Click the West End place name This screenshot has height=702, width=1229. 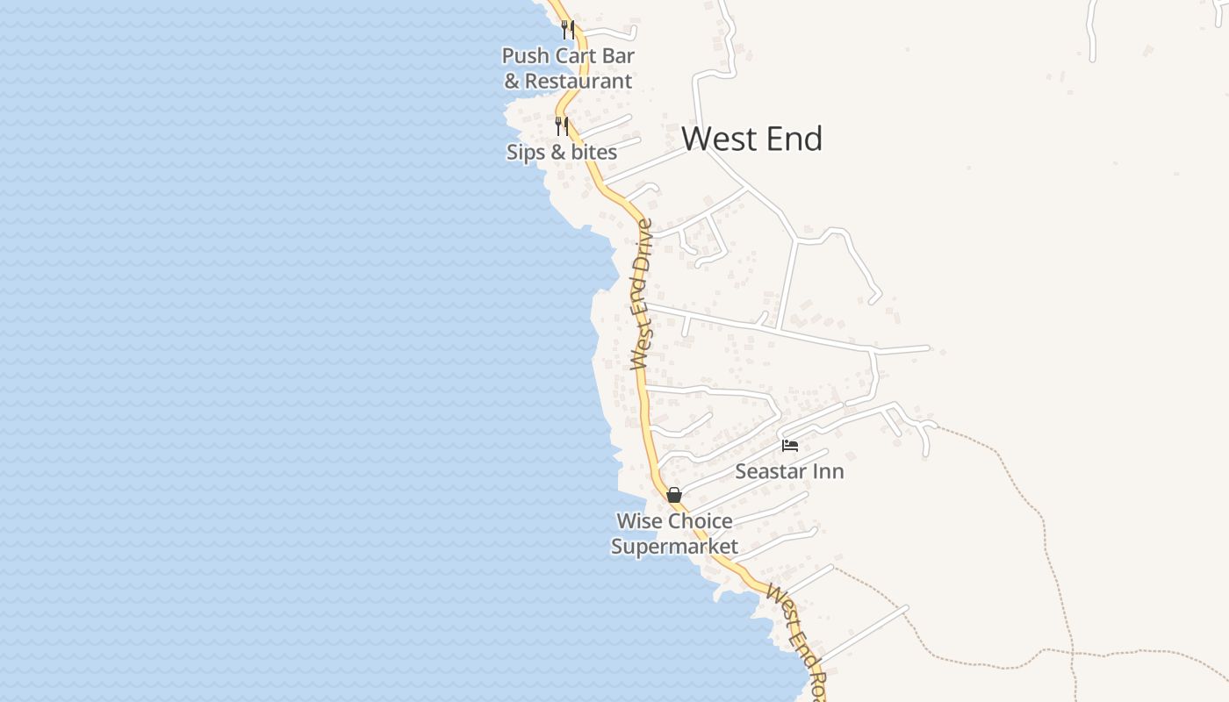click(x=751, y=139)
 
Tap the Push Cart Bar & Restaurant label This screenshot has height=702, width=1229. click(x=568, y=68)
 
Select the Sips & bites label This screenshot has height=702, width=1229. click(x=562, y=152)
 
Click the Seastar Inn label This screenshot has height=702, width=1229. click(x=789, y=471)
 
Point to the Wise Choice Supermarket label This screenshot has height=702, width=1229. click(x=674, y=534)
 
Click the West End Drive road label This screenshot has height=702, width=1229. click(x=643, y=294)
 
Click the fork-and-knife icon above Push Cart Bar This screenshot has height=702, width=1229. click(x=568, y=30)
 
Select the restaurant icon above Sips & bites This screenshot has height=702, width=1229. click(x=562, y=126)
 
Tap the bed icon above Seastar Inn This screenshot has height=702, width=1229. click(x=790, y=446)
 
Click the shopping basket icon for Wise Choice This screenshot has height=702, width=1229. click(x=674, y=495)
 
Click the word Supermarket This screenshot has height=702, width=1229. click(x=674, y=547)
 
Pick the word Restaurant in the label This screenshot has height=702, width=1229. click(x=579, y=82)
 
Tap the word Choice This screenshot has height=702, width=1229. click(x=700, y=521)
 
